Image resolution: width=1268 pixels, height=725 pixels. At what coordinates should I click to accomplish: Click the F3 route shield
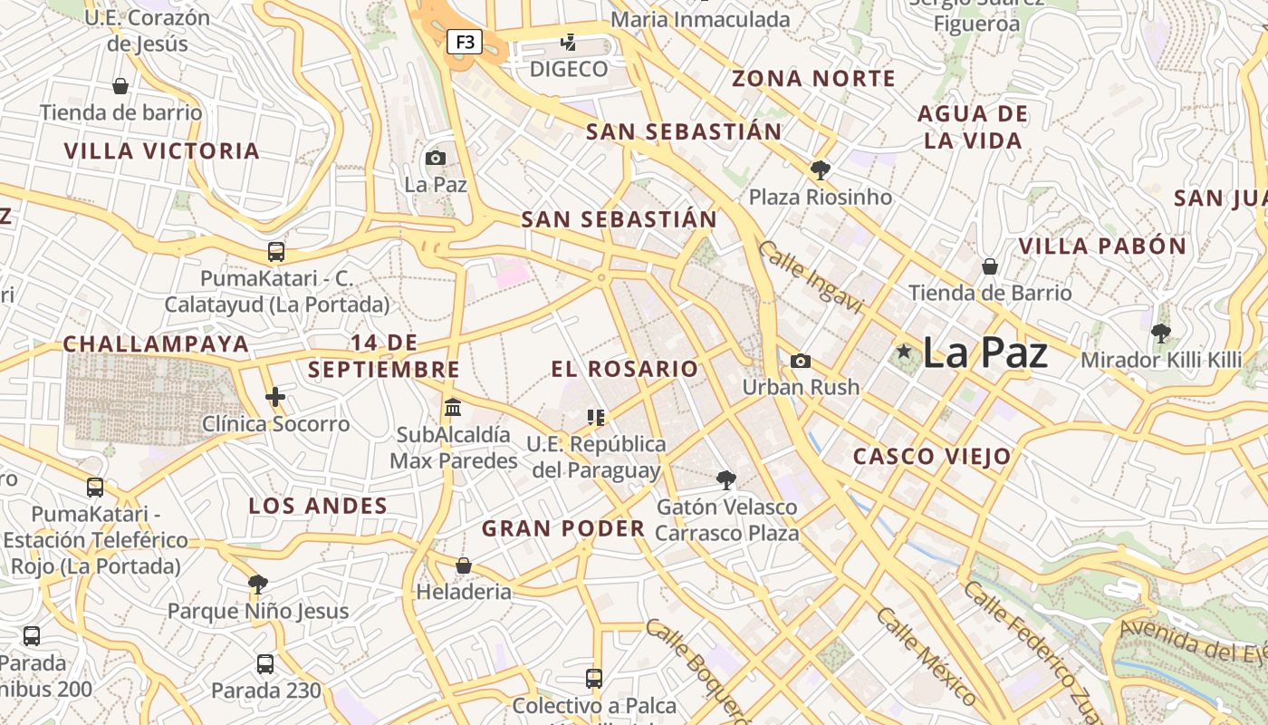pos(465,42)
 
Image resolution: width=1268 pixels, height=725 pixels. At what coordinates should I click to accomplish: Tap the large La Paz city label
pos(985,353)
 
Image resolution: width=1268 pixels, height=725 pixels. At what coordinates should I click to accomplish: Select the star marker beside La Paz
pos(903,351)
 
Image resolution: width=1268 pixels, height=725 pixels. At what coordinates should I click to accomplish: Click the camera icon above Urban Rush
pos(801,361)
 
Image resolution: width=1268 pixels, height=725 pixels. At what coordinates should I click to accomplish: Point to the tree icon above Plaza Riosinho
pos(821,169)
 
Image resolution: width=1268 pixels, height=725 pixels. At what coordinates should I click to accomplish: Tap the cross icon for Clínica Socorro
pos(275,396)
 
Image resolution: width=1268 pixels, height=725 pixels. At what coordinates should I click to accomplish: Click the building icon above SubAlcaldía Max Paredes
pos(453,408)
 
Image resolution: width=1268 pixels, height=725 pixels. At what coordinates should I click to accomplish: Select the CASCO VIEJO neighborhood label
pos(932,457)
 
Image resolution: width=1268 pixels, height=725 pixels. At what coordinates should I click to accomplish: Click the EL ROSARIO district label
pos(625,369)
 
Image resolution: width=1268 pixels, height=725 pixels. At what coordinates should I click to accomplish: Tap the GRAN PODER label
pos(563,528)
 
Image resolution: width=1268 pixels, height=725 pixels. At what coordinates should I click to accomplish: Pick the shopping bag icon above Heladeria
pos(464,565)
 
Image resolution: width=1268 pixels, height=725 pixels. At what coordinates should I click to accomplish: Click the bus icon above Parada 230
pos(265,664)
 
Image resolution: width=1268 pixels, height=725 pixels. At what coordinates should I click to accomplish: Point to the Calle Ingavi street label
pos(811,277)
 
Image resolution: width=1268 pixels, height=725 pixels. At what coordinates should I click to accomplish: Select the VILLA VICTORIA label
pos(162,150)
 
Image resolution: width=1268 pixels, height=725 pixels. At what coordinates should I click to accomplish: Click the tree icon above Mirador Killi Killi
pos(1161,333)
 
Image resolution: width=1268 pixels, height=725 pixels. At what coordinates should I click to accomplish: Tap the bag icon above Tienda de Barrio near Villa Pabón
pos(990,266)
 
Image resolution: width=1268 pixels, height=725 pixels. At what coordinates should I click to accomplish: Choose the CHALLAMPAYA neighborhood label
pos(156,344)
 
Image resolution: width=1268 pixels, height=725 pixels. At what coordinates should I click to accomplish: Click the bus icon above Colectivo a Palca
pos(594,678)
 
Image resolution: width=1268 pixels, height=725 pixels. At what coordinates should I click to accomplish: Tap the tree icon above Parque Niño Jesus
pos(258,584)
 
